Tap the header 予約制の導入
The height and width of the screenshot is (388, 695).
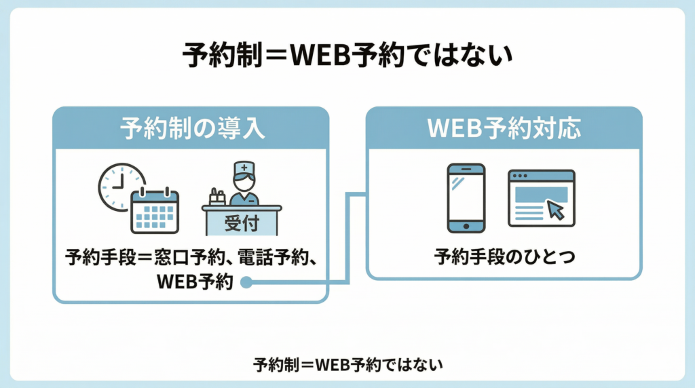[191, 128]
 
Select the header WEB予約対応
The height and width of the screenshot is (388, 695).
[504, 128]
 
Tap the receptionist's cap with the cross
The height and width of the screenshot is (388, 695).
[242, 168]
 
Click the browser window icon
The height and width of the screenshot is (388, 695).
[541, 197]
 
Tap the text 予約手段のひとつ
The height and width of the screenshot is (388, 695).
[504, 258]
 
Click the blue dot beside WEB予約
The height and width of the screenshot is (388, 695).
[246, 283]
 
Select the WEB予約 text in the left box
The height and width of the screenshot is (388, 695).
[194, 282]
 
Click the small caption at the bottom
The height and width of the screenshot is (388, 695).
[347, 364]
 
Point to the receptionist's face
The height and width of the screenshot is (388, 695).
[242, 181]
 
